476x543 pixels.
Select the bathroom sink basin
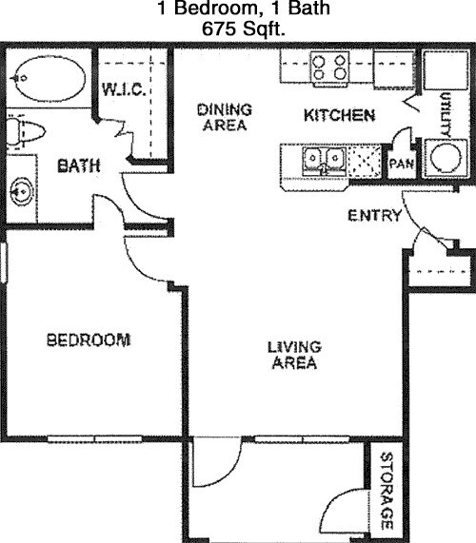click(x=20, y=193)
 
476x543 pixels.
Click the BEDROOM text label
click(x=88, y=339)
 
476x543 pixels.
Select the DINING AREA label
click(x=223, y=116)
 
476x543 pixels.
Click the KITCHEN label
click(x=338, y=116)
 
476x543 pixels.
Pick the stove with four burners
click(x=330, y=68)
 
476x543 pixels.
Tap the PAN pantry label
click(x=400, y=164)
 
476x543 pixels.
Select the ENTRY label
click(x=374, y=216)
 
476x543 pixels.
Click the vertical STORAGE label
click(x=387, y=491)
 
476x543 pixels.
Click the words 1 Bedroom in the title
click(x=203, y=10)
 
